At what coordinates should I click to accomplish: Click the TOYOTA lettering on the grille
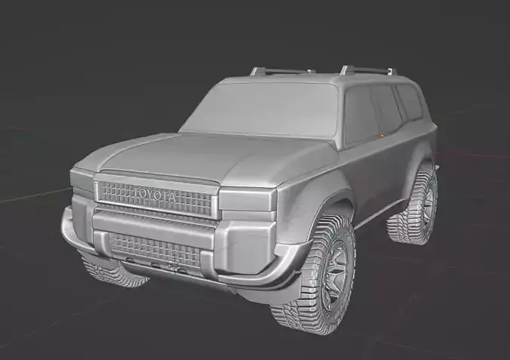click(157, 195)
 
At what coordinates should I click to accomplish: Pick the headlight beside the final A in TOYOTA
click(246, 199)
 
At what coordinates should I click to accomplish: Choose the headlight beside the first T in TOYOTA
click(82, 180)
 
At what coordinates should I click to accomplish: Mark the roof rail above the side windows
click(367, 70)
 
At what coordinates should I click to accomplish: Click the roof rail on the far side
click(281, 71)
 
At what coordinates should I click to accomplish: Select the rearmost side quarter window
click(410, 101)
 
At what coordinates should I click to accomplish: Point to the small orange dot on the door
click(383, 135)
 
